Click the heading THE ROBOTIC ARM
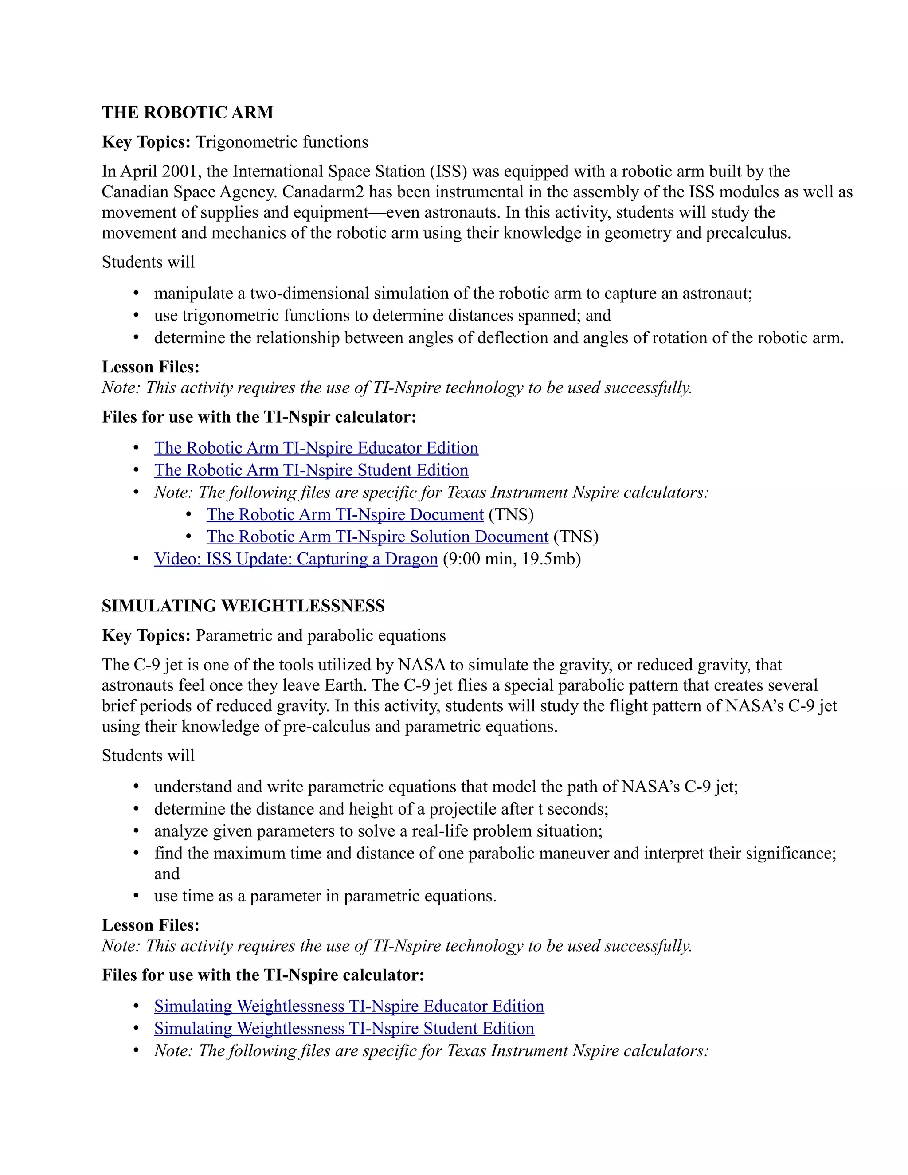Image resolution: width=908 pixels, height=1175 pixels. point(187,113)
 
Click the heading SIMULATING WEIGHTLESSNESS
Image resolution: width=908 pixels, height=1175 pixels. point(243,606)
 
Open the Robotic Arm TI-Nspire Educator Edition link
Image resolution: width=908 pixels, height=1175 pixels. point(316,448)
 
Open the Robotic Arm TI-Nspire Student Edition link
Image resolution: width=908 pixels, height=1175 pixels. point(311,470)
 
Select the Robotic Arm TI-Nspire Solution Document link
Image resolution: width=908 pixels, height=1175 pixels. point(377,537)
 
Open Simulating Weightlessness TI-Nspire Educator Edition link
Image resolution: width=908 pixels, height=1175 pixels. point(349,1006)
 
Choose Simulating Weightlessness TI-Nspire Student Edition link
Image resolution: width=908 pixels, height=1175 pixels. point(344,1028)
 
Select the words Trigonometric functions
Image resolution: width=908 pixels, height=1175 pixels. point(282,142)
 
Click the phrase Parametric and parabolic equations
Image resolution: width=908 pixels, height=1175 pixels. point(321,635)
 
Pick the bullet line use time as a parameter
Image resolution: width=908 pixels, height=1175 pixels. point(325,896)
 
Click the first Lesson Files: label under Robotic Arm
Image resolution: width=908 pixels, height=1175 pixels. point(151,367)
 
